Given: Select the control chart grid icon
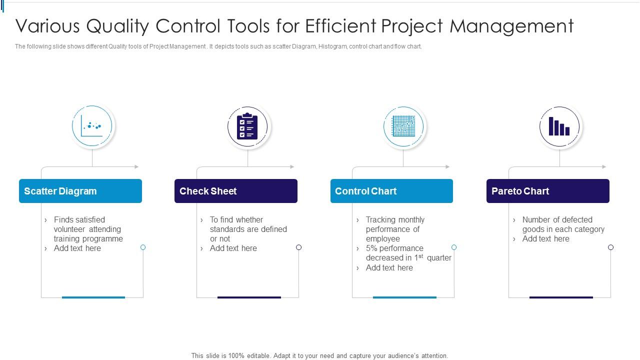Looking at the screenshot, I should [403, 126].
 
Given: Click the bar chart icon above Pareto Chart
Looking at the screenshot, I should [559, 126].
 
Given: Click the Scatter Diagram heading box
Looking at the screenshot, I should [80, 191].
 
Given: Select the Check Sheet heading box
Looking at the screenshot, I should [236, 191].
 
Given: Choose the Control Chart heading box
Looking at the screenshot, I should [391, 191].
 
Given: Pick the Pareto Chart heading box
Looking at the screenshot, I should [547, 191].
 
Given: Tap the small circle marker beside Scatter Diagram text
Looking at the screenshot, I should [143, 247].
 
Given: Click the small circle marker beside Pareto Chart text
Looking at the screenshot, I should [610, 247].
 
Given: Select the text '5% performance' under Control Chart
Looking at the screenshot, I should [394, 248].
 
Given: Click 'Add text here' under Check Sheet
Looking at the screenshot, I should [233, 248].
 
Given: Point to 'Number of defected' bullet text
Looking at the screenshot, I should [557, 220].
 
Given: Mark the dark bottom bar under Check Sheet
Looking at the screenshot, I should [249, 297].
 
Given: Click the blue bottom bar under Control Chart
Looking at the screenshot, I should [404, 297].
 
